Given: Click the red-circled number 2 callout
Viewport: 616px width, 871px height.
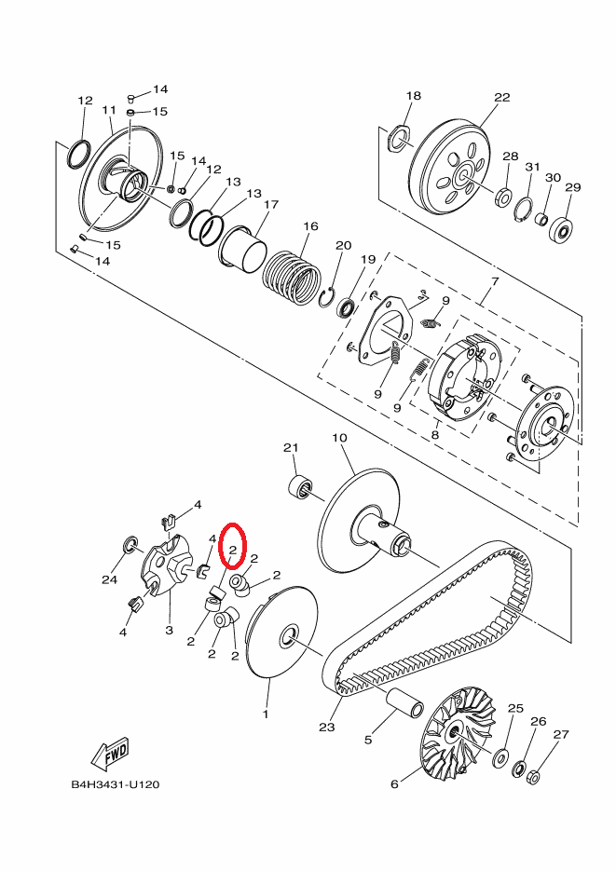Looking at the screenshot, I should click(231, 550).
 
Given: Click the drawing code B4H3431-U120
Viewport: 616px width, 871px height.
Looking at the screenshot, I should click(115, 784).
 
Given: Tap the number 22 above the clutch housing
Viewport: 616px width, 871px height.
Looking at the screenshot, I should click(502, 97).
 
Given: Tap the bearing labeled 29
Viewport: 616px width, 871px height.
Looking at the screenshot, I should click(562, 228).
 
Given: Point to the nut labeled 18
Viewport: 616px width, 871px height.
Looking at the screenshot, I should click(399, 138).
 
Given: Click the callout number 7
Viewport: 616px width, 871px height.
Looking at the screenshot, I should click(494, 281).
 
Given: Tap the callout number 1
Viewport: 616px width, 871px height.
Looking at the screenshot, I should click(265, 714).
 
